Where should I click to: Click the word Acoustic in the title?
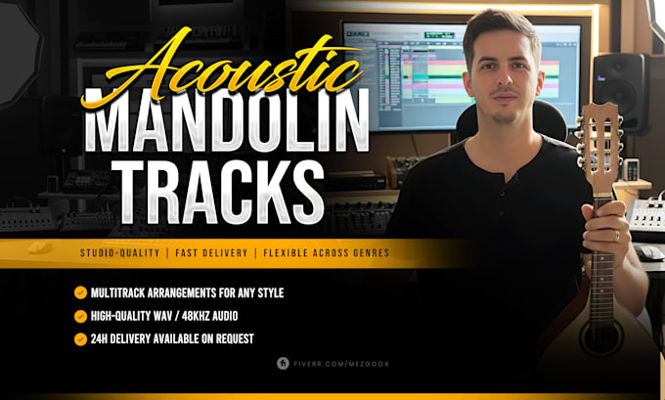tap(221, 67)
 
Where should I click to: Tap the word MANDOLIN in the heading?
tap(227, 121)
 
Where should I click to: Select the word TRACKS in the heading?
tap(217, 192)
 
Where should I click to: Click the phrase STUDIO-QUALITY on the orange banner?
tap(120, 253)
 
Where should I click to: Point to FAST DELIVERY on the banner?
tap(211, 253)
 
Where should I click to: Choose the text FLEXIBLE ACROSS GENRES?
tap(326, 253)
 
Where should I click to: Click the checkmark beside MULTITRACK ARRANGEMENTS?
tap(80, 292)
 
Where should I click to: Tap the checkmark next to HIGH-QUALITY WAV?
tap(80, 316)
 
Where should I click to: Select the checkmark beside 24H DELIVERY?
tap(80, 339)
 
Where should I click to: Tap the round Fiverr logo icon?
tap(283, 363)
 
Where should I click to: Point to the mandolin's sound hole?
tap(601, 338)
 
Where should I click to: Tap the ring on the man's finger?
tap(617, 236)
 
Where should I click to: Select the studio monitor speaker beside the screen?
tap(620, 91)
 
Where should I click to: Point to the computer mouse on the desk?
tap(647, 252)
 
